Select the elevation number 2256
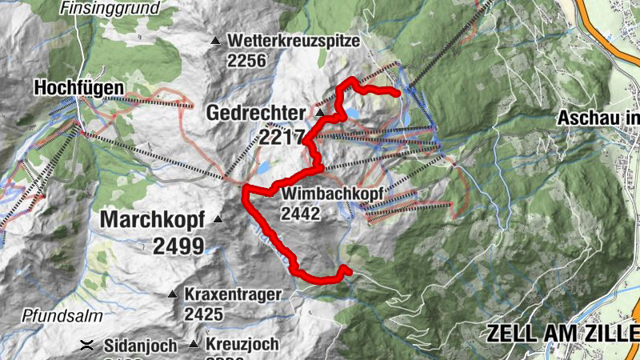click(246, 61)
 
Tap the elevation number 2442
click(301, 214)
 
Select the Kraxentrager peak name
click(233, 294)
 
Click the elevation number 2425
click(203, 314)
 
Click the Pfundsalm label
click(54, 314)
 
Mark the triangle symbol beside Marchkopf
click(217, 218)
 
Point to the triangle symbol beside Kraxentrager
click(171, 294)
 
